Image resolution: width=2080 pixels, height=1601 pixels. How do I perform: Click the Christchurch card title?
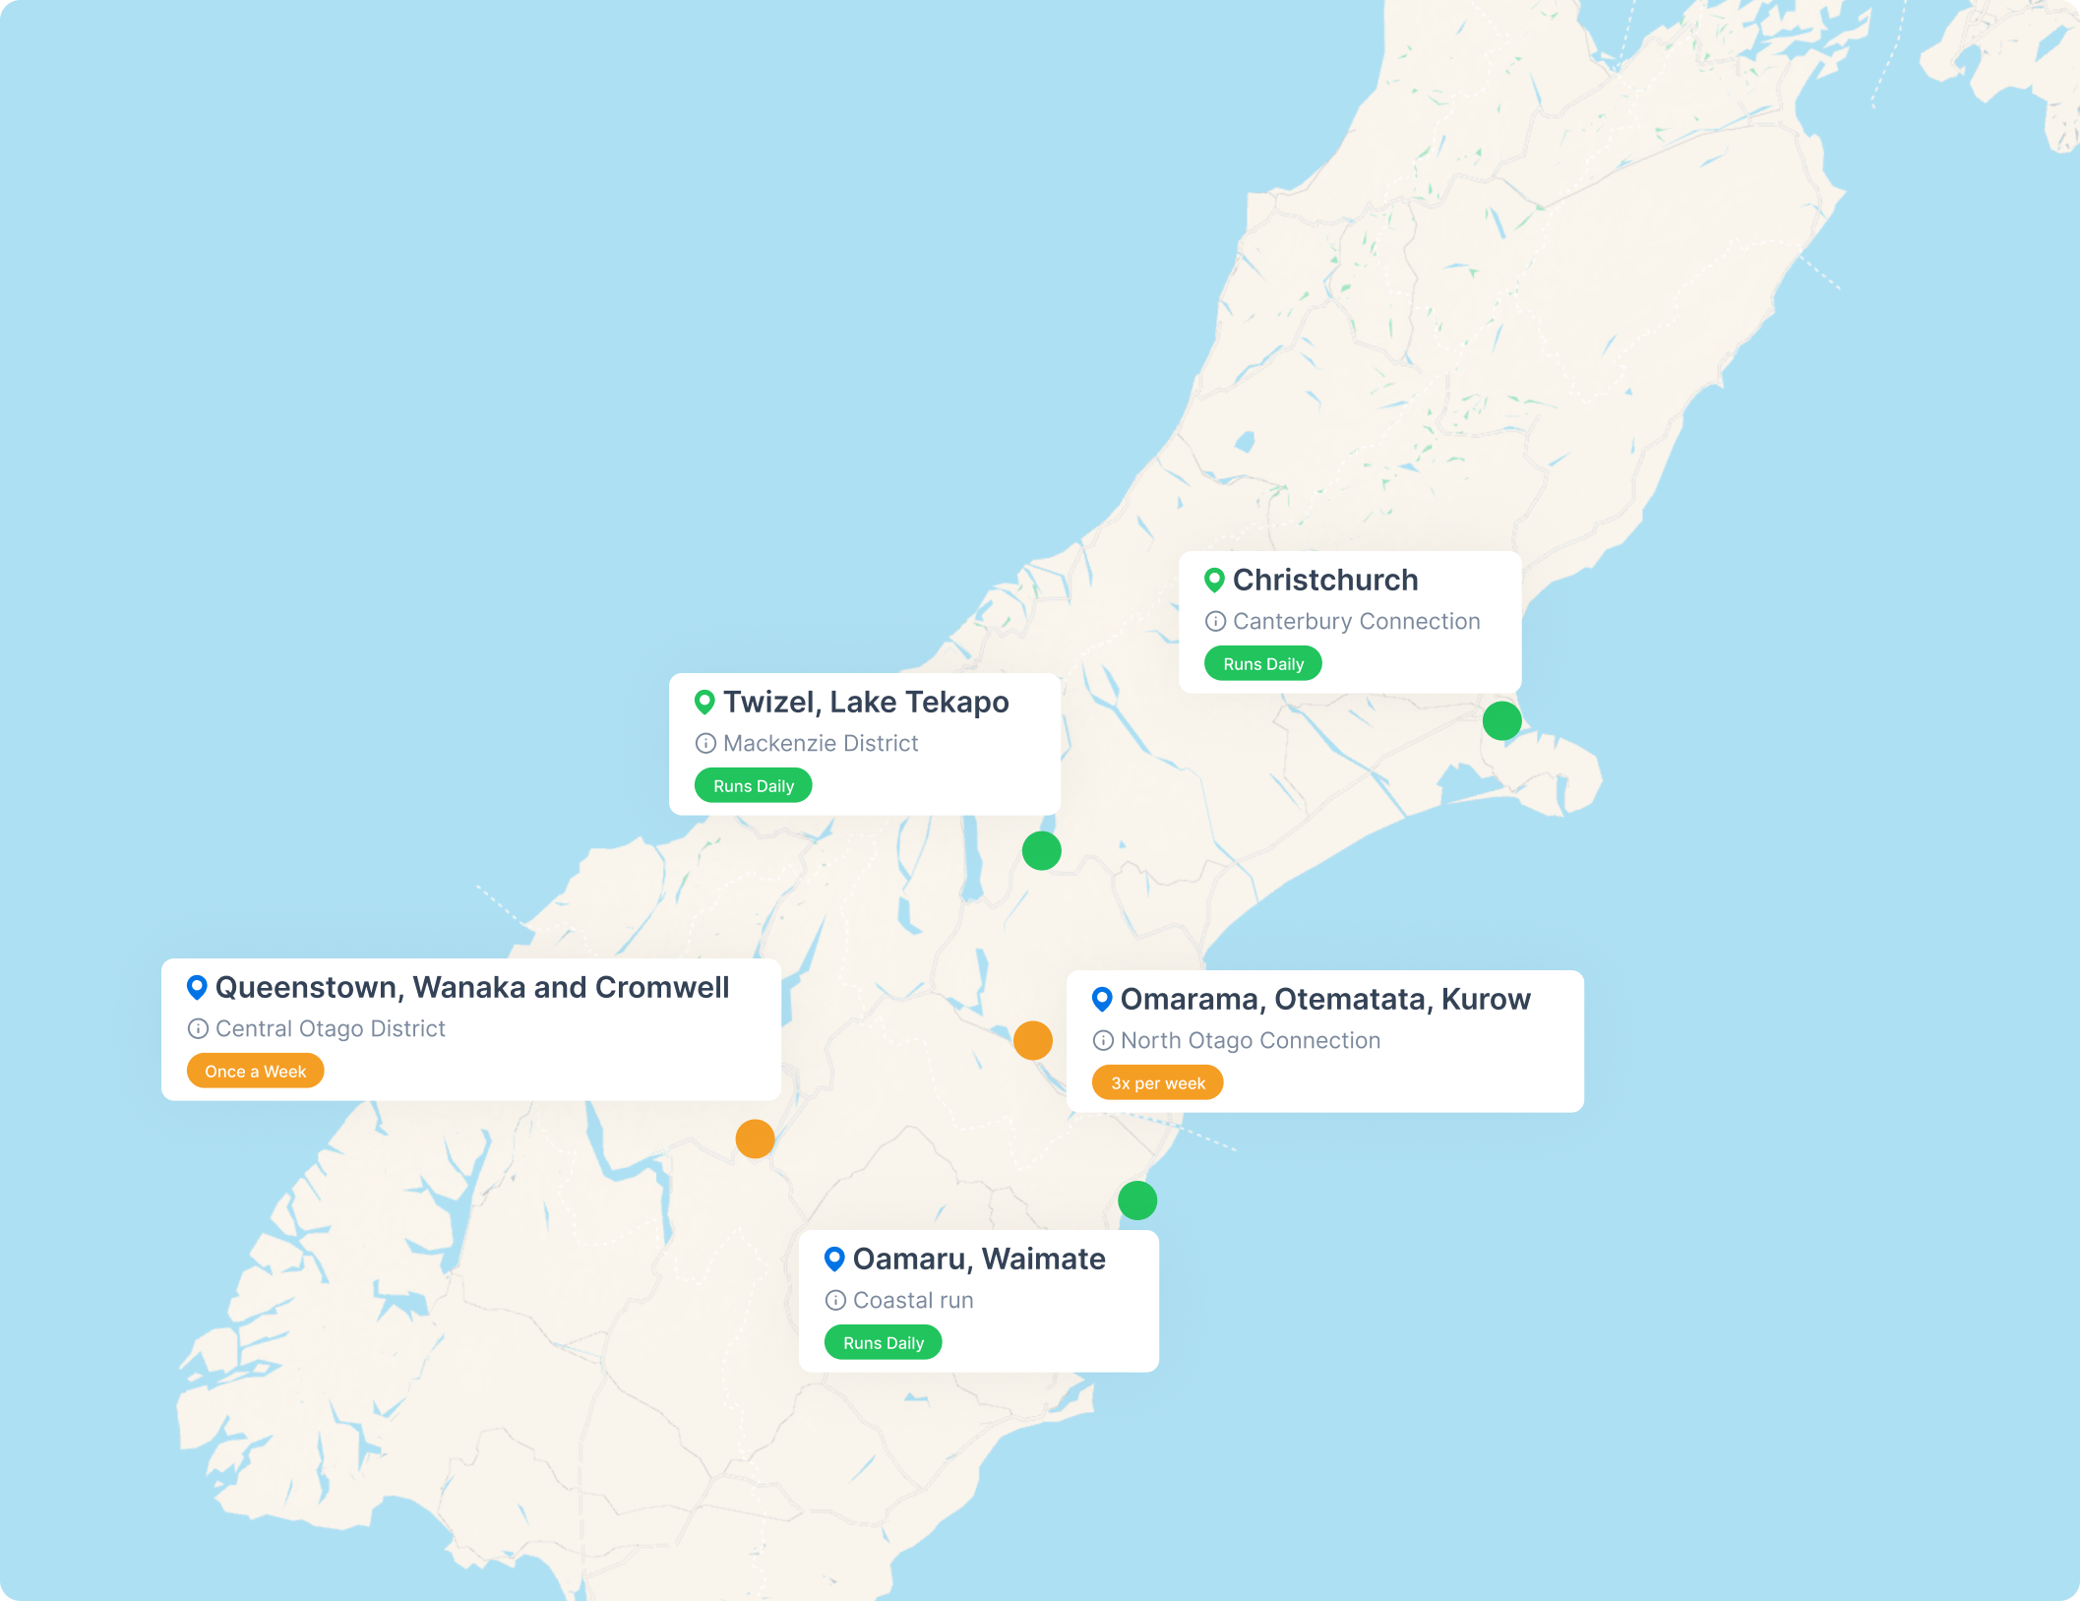pyautogui.click(x=1324, y=581)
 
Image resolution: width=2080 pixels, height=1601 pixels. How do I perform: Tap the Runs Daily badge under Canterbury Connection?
pyautogui.click(x=1262, y=664)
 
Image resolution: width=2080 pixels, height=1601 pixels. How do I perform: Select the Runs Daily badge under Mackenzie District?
pyautogui.click(x=753, y=786)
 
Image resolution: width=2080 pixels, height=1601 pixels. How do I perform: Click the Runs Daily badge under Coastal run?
pyautogui.click(x=883, y=1343)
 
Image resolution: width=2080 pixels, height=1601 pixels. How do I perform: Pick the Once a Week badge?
pyautogui.click(x=255, y=1072)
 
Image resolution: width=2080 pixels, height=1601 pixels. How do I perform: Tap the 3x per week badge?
pyautogui.click(x=1157, y=1083)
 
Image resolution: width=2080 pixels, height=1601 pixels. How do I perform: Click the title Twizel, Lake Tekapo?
pyautogui.click(x=865, y=703)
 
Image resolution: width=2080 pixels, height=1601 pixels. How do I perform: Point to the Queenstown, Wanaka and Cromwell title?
pyautogui.click(x=471, y=988)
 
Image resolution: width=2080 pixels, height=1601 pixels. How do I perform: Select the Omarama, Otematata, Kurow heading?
pyautogui.click(x=1324, y=1000)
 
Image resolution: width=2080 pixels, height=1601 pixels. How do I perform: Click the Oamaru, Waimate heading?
pyautogui.click(x=978, y=1260)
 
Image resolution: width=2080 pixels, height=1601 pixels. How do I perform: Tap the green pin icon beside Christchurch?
pyautogui.click(x=1214, y=581)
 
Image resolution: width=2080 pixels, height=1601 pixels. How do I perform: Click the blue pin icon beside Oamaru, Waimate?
pyautogui.click(x=834, y=1259)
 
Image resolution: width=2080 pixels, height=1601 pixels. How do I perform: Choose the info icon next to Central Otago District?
pyautogui.click(x=198, y=1029)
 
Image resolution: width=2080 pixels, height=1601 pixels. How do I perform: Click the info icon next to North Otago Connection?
pyautogui.click(x=1103, y=1041)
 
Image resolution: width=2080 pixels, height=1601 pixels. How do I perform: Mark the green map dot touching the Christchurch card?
pyautogui.click(x=1501, y=720)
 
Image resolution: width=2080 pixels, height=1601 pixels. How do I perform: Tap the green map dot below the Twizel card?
pyautogui.click(x=1041, y=850)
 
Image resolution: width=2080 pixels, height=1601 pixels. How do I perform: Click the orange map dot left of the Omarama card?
pyautogui.click(x=1032, y=1040)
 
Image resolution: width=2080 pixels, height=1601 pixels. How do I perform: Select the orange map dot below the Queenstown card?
pyautogui.click(x=755, y=1139)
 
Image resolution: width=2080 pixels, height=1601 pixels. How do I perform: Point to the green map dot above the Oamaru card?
pyautogui.click(x=1137, y=1201)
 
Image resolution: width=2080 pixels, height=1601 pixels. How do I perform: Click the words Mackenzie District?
pyautogui.click(x=820, y=744)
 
